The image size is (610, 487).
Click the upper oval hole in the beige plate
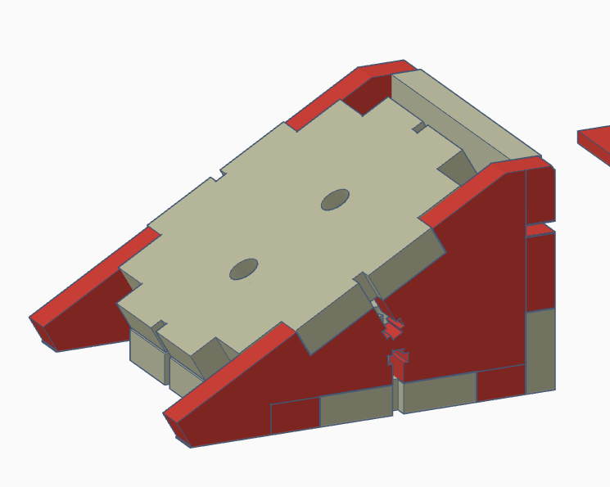(x=335, y=199)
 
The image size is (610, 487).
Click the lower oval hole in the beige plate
(x=243, y=268)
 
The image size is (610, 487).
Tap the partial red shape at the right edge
(x=596, y=144)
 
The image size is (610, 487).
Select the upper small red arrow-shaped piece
(x=392, y=330)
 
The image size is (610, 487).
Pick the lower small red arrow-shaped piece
(x=399, y=363)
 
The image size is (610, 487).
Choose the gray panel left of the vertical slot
(x=355, y=408)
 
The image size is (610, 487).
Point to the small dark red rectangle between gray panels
(x=500, y=382)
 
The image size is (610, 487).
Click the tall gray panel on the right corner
(x=540, y=350)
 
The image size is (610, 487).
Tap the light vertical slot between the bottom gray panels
(x=399, y=397)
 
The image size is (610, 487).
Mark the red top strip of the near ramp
(x=229, y=368)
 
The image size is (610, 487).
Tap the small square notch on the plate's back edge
(x=418, y=127)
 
